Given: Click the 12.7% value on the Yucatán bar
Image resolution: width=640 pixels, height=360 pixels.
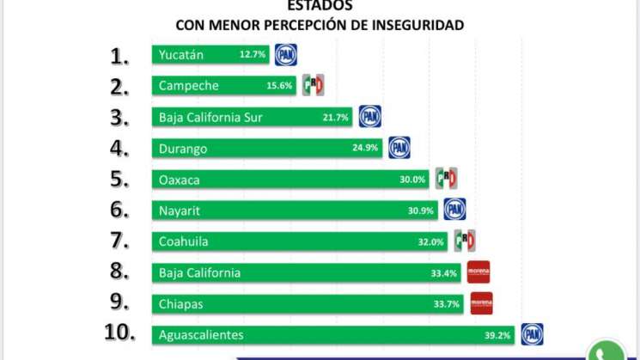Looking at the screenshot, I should click(x=253, y=55).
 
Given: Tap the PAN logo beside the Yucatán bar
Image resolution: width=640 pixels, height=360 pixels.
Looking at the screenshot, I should click(x=285, y=54).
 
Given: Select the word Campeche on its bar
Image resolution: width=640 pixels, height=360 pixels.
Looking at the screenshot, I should click(x=188, y=86).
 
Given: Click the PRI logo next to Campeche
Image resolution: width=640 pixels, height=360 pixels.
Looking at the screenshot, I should click(x=313, y=85).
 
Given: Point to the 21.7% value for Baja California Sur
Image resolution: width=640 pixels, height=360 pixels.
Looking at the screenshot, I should click(x=336, y=118).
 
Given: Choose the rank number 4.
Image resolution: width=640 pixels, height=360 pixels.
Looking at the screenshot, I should click(x=119, y=149).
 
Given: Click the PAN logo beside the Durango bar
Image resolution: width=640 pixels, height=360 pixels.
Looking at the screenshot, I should click(x=399, y=148).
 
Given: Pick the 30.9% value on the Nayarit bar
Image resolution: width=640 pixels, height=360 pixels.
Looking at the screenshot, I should click(x=421, y=211).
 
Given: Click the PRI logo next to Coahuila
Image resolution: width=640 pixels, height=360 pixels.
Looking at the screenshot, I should click(x=465, y=241).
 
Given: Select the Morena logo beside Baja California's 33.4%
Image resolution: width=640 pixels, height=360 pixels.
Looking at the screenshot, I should click(x=478, y=272).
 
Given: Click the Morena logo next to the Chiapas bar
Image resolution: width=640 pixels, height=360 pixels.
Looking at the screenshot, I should click(x=482, y=303).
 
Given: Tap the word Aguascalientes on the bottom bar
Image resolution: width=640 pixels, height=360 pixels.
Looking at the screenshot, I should click(x=201, y=334).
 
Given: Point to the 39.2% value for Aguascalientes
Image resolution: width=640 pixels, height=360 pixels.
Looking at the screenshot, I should click(x=499, y=335).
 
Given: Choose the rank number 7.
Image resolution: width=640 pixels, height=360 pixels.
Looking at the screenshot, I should click(x=119, y=241).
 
